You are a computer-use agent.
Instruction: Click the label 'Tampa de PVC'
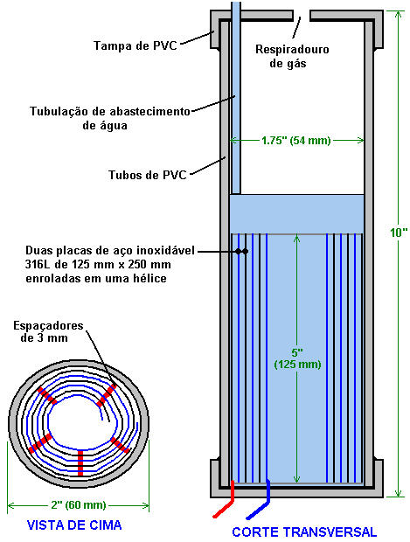click(x=136, y=45)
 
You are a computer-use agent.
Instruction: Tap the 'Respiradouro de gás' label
click(x=292, y=56)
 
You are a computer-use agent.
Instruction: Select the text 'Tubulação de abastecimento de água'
click(x=110, y=118)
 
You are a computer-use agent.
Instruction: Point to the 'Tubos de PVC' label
click(x=148, y=175)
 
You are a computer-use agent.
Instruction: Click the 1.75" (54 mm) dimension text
click(x=296, y=141)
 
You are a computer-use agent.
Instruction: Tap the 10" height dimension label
click(x=399, y=233)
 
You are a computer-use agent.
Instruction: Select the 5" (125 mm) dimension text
click(x=297, y=358)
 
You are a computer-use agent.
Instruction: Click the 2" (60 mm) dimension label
click(x=79, y=505)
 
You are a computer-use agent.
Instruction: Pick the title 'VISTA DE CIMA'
click(x=74, y=525)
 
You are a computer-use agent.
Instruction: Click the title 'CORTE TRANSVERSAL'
click(x=304, y=532)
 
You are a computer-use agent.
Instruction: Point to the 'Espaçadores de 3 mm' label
click(x=48, y=331)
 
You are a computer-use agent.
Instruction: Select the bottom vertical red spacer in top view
click(x=80, y=462)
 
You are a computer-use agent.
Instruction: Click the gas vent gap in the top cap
click(x=302, y=16)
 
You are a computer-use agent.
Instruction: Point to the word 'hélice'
click(x=149, y=278)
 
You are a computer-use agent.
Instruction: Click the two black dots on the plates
click(x=241, y=251)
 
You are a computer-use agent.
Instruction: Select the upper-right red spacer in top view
click(x=106, y=395)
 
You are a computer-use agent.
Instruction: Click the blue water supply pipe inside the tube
click(x=236, y=98)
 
